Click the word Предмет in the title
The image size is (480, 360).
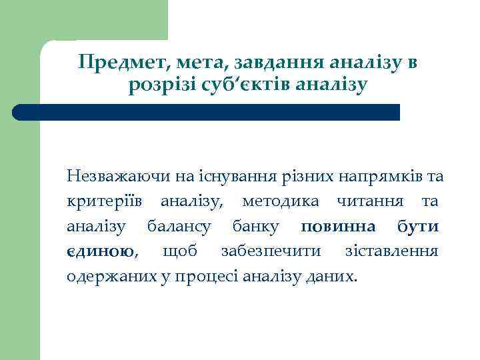point(117,63)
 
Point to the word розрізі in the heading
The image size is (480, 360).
point(161,86)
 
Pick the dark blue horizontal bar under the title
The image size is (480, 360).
point(207,111)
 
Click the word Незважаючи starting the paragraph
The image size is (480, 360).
point(119,177)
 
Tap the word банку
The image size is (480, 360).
point(256,226)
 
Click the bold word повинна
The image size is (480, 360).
point(338,226)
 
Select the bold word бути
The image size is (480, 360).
point(418,226)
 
